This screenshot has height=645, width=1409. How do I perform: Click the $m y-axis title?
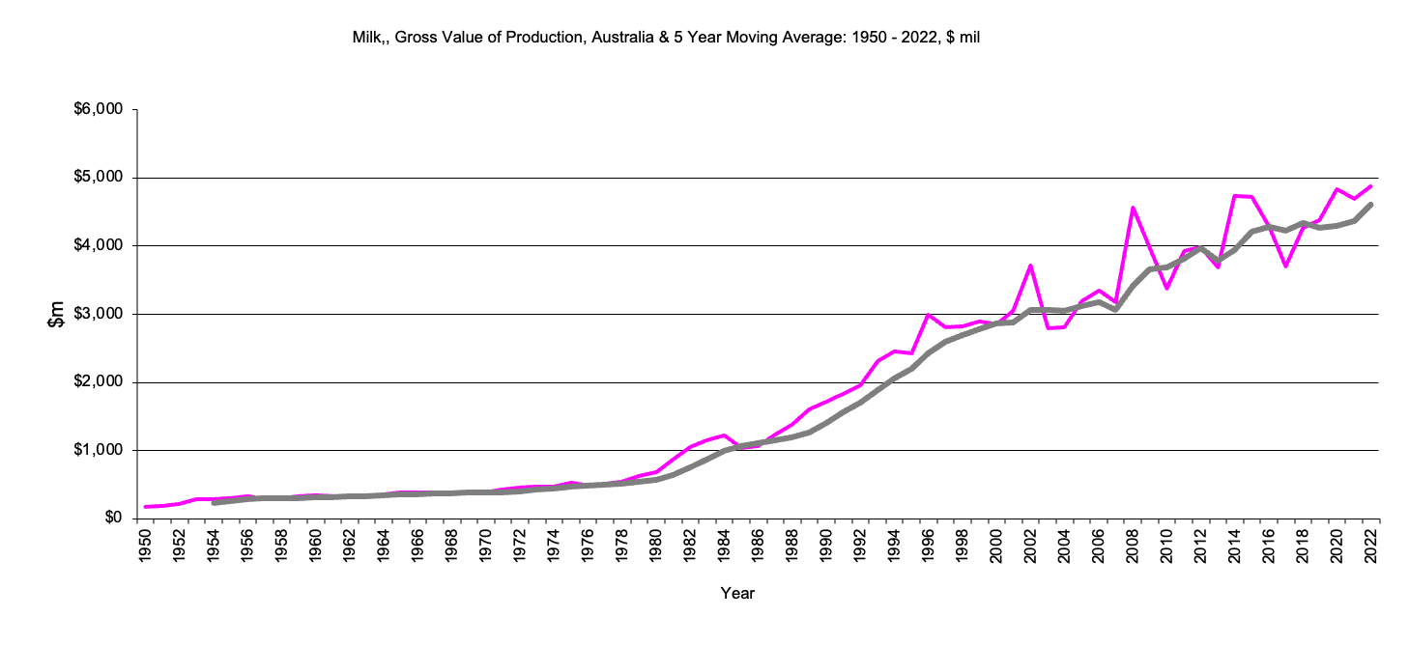click(57, 314)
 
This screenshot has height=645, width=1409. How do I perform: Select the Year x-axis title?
click(737, 594)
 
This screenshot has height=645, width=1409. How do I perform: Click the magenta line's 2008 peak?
click(1133, 208)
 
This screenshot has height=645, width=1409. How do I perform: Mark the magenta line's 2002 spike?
click(1031, 266)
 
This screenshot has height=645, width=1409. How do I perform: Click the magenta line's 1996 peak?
click(929, 315)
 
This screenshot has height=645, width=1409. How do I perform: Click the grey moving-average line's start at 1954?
click(215, 502)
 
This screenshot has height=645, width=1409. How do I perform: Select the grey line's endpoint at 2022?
click(1371, 205)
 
